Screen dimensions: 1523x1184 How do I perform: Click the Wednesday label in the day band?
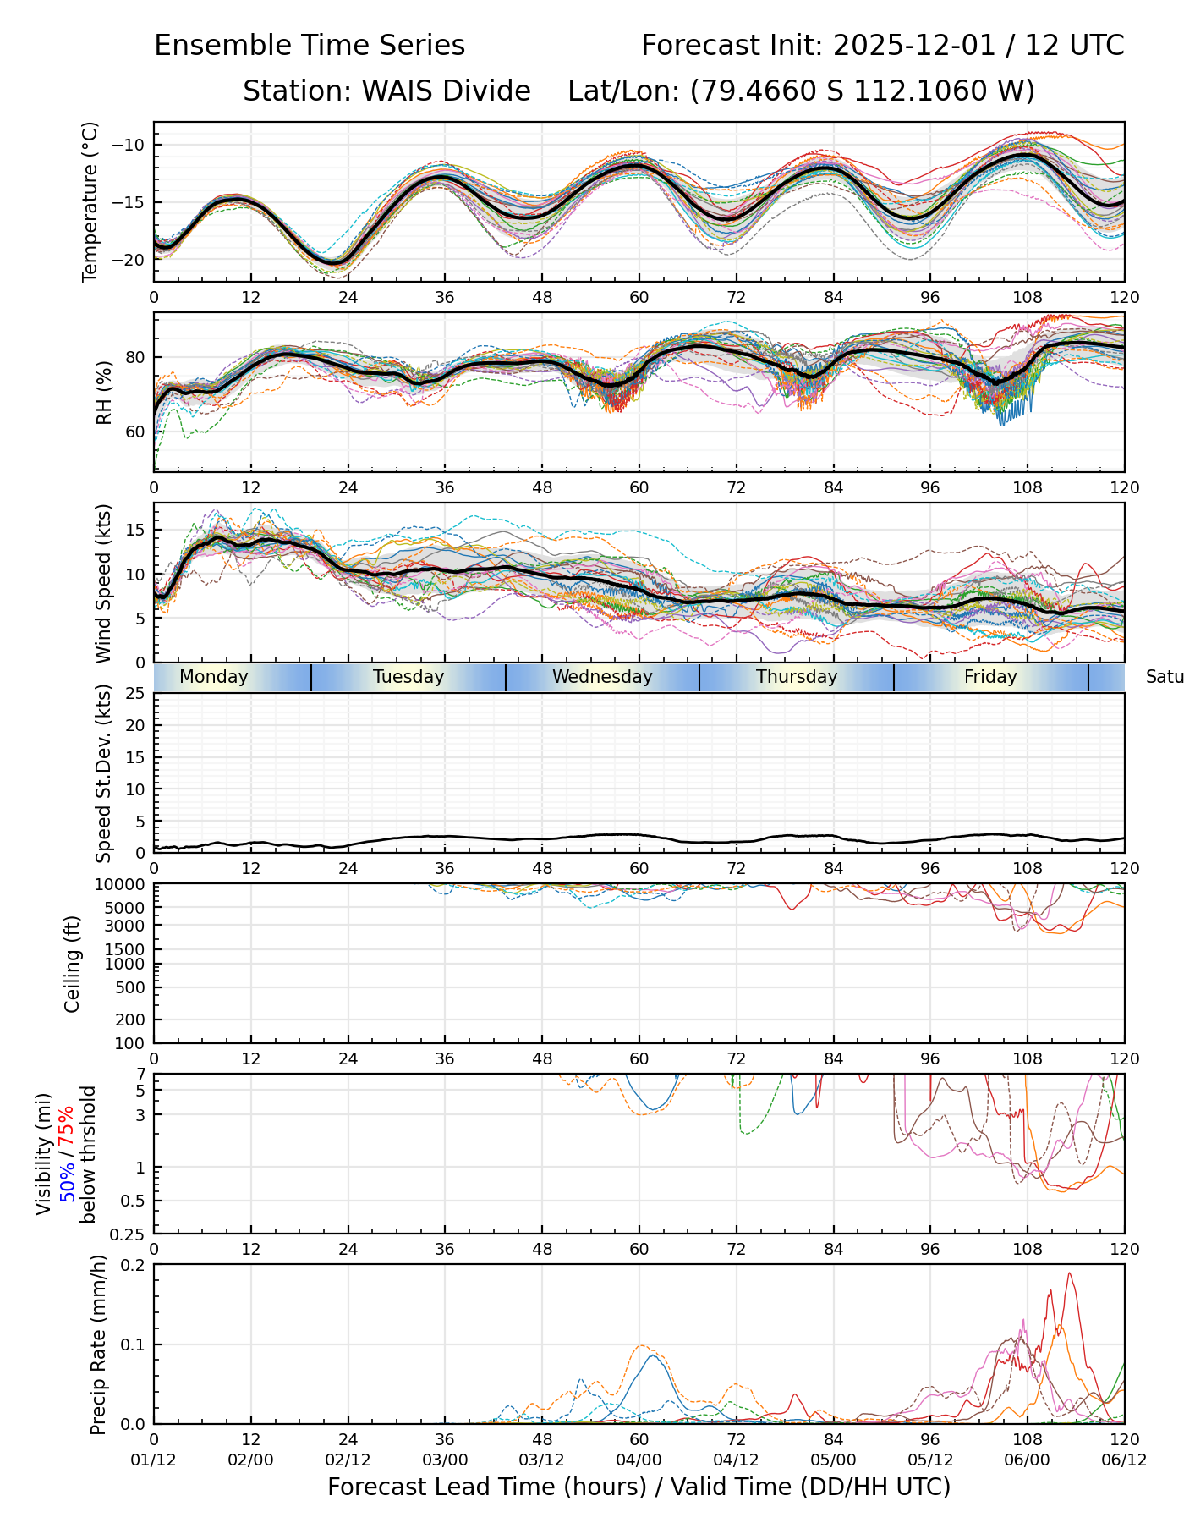(602, 677)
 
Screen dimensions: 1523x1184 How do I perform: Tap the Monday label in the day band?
(214, 677)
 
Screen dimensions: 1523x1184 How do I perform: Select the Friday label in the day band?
(990, 677)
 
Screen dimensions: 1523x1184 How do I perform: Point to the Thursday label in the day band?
(797, 677)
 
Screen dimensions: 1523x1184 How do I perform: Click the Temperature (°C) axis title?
(90, 201)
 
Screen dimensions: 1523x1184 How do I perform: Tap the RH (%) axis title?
(104, 393)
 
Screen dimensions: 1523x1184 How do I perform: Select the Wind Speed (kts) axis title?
(103, 583)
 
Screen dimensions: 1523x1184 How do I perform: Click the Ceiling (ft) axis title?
(73, 964)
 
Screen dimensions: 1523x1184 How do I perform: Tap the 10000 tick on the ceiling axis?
(122, 885)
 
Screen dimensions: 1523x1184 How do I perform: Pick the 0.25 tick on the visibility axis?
(129, 1234)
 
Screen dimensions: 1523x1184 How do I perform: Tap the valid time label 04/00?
(639, 1460)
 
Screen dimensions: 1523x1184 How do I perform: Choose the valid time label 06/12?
(1124, 1460)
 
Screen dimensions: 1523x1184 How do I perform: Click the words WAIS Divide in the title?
(446, 91)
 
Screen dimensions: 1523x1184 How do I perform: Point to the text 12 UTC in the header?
(1074, 46)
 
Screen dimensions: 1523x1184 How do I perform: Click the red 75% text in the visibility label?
(68, 1125)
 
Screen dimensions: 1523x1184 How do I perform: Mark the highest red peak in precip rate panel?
(1069, 1273)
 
